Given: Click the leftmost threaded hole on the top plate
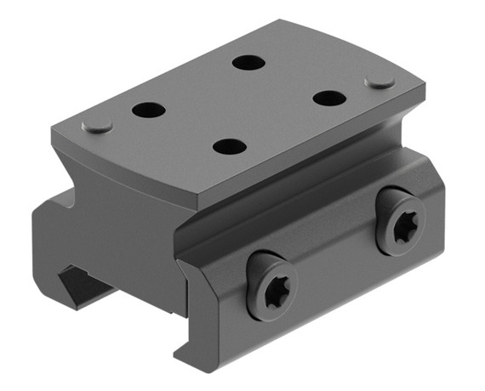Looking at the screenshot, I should click(148, 110).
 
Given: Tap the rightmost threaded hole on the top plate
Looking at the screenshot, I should click(329, 98).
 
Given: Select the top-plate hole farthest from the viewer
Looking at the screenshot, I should click(248, 63).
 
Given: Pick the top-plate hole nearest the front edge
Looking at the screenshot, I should click(230, 146).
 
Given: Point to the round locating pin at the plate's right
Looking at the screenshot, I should click(379, 82).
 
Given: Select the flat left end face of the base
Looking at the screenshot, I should click(60, 246).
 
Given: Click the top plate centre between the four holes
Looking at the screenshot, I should click(238, 104).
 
